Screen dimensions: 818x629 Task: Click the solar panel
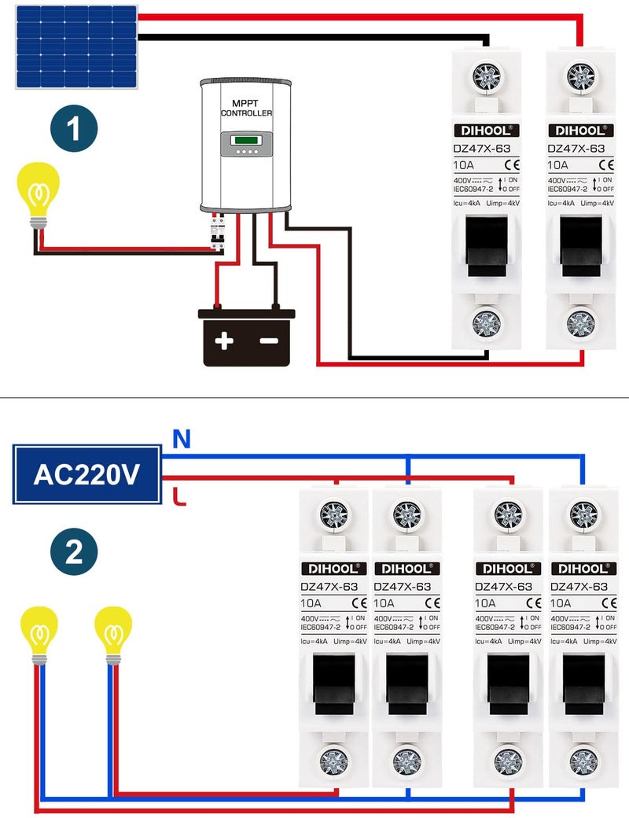click(x=76, y=46)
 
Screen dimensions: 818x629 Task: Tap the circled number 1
click(x=74, y=131)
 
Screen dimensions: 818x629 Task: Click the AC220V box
click(x=87, y=475)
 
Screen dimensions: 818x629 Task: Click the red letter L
click(x=178, y=496)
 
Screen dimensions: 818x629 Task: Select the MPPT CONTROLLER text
click(x=246, y=109)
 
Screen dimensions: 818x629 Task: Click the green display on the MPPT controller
click(x=247, y=141)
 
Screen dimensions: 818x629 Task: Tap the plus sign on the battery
click(x=226, y=341)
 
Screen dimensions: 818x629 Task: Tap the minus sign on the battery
click(x=269, y=341)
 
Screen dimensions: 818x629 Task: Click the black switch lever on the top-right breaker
click(x=582, y=245)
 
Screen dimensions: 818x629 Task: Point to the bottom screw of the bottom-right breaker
click(x=582, y=761)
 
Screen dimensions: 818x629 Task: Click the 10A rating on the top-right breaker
click(x=557, y=165)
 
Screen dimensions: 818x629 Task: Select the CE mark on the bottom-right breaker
click(x=609, y=603)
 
